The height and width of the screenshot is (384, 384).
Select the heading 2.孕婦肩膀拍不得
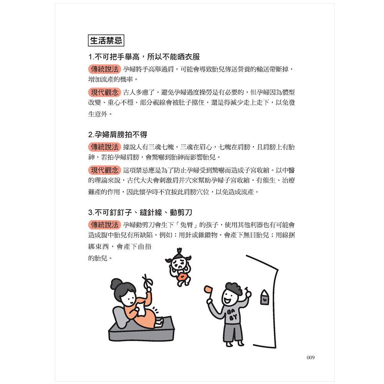pos(118,135)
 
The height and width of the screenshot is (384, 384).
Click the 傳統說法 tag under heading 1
pos(104,70)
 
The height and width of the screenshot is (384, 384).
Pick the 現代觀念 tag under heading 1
pos(104,93)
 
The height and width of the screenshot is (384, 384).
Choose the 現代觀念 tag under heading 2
pos(104,170)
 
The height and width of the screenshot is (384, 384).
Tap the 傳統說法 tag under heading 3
pos(104,225)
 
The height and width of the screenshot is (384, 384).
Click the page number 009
pos(311,358)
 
